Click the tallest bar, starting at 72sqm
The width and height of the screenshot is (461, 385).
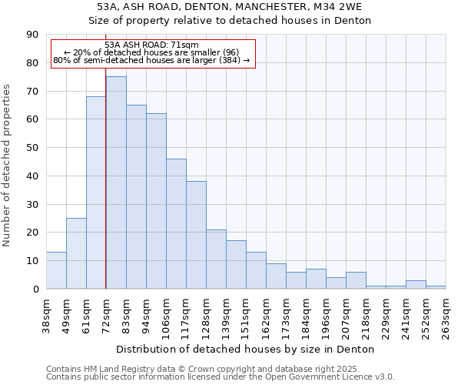click(x=116, y=182)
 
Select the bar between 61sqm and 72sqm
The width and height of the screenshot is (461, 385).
click(x=96, y=192)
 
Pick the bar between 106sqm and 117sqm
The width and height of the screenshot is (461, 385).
click(x=176, y=223)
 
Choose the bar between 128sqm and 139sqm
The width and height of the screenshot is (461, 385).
click(x=216, y=259)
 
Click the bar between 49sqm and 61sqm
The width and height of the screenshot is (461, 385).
click(x=76, y=253)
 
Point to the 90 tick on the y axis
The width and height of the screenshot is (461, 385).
click(x=32, y=35)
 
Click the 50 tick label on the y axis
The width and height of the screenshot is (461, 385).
click(x=32, y=148)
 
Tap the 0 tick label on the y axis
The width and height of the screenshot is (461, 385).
click(x=35, y=290)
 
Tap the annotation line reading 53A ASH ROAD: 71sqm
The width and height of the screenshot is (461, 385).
click(x=151, y=45)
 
